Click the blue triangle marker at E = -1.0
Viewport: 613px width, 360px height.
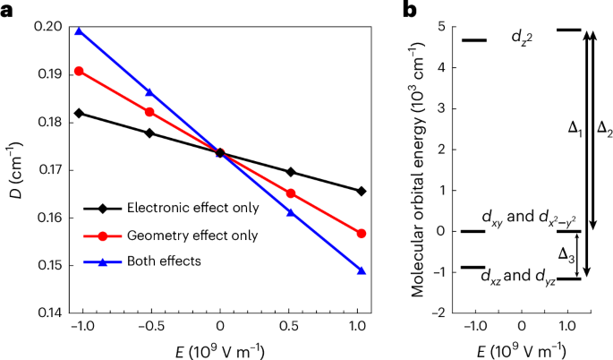click(79, 31)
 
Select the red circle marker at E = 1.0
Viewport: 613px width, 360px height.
click(362, 233)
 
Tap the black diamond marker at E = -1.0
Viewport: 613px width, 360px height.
click(79, 113)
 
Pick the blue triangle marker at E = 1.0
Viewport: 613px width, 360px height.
click(362, 270)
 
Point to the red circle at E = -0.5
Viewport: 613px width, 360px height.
click(149, 112)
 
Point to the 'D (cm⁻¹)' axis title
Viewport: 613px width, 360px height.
click(12, 167)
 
